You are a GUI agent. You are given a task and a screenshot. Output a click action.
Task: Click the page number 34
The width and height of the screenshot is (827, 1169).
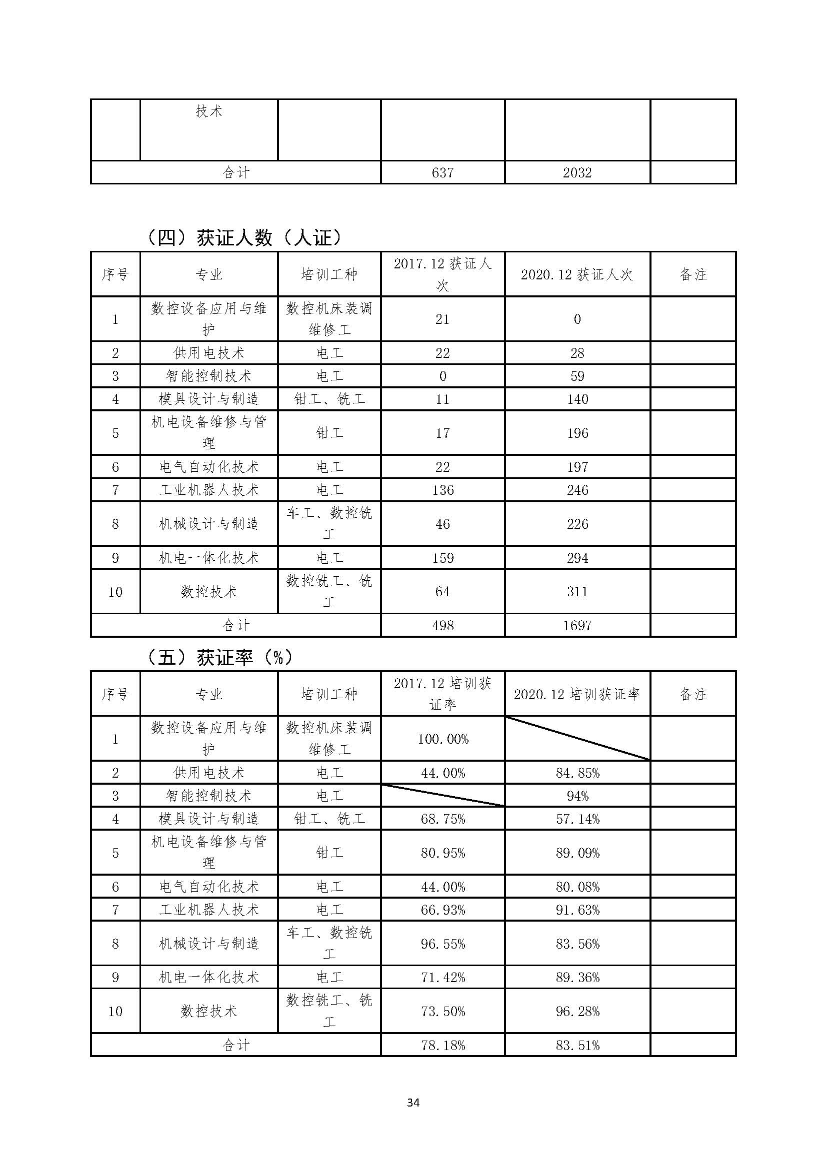pos(413,1103)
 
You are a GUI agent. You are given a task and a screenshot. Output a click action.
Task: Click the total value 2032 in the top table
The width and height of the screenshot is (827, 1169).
pos(577,172)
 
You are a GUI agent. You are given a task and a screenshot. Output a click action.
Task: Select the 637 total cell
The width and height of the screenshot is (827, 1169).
pos(442,172)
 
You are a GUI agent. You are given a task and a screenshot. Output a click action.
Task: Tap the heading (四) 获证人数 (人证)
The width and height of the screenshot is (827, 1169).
pos(243,238)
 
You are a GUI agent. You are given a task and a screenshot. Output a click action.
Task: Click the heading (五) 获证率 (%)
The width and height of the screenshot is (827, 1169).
pos(219,658)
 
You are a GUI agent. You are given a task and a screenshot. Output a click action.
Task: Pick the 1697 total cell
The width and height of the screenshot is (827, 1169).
pos(577,625)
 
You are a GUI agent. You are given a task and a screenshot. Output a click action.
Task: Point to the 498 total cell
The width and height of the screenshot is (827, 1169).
pos(442,625)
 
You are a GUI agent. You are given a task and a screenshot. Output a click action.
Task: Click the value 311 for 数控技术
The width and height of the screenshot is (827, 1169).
pos(577,591)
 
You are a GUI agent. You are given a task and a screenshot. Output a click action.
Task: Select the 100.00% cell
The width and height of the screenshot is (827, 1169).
pos(442,739)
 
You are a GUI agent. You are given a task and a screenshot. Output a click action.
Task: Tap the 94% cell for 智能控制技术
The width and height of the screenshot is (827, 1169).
pos(577,795)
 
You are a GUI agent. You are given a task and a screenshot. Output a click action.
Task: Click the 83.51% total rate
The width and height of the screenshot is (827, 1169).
pos(577,1045)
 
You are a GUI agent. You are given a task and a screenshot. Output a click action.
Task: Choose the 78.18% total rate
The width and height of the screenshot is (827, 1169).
pos(442,1045)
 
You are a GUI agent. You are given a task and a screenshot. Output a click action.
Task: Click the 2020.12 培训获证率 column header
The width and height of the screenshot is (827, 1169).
pos(577,694)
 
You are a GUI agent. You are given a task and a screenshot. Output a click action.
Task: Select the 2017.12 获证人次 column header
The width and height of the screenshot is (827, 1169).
pos(442,274)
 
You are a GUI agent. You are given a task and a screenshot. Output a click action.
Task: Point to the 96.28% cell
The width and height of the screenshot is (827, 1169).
pos(577,1011)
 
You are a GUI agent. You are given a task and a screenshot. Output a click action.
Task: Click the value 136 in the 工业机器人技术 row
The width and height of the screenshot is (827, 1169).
pos(442,490)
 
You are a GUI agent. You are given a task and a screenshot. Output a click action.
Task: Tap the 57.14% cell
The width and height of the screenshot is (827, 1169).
pos(577,819)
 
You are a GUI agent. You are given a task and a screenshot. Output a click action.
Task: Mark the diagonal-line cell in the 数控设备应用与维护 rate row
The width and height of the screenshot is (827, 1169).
pos(577,738)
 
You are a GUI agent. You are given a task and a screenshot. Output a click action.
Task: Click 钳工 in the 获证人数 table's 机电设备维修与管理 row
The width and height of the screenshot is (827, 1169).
pos(329,433)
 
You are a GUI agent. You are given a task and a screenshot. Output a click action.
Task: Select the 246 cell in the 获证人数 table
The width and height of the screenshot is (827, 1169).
pos(577,490)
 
